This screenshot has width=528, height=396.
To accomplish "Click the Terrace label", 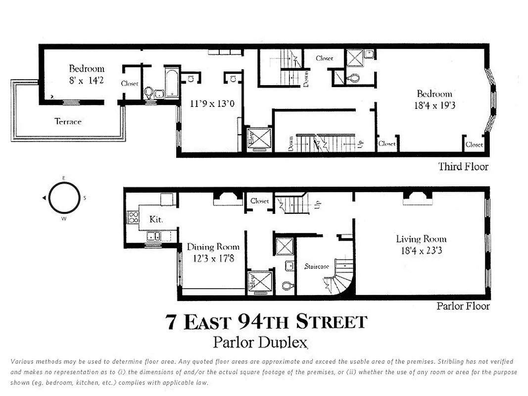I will pyautogui.click(x=68, y=121).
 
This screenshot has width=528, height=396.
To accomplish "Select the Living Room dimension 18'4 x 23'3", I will pyautogui.click(x=421, y=250).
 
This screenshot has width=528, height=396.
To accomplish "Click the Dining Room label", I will pyautogui.click(x=213, y=247).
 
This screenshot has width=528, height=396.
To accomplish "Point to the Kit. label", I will pyautogui.click(x=156, y=219).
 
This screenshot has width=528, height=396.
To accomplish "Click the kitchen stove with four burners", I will pyautogui.click(x=133, y=217).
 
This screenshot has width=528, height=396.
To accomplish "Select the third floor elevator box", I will pyautogui.click(x=259, y=139).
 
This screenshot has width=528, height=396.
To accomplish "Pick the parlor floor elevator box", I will pyautogui.click(x=259, y=283).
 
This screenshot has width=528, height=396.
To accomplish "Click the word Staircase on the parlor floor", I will pyautogui.click(x=317, y=266).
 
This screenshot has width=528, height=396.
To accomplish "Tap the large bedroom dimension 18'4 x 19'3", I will pyautogui.click(x=434, y=105).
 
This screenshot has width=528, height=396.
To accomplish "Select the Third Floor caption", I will pyautogui.click(x=463, y=167).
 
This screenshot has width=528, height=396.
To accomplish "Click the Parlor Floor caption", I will pyautogui.click(x=463, y=306).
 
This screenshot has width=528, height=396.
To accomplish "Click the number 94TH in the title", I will pyautogui.click(x=264, y=322).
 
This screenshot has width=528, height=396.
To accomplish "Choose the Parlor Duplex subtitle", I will pyautogui.click(x=260, y=342).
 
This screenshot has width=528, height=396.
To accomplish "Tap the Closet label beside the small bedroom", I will pyautogui.click(x=130, y=84).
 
